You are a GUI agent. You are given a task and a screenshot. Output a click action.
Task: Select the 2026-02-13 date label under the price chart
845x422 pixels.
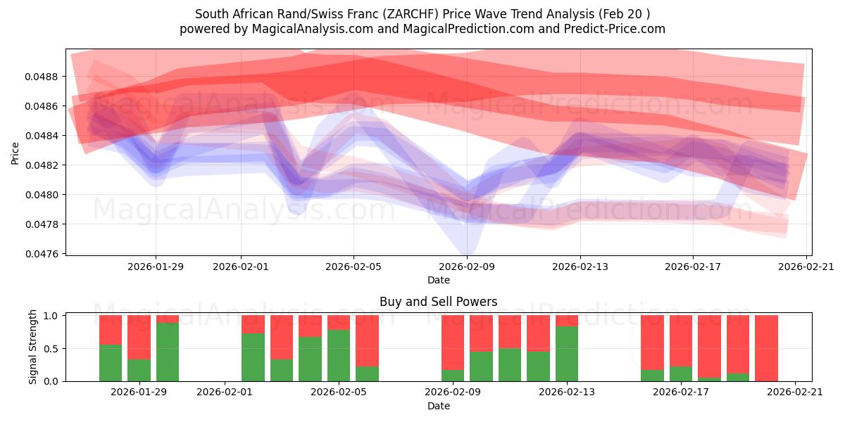(580, 267)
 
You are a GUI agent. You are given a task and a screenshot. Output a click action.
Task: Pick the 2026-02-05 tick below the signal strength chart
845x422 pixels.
(339, 392)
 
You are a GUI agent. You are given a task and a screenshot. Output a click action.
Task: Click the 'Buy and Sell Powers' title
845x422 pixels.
(438, 302)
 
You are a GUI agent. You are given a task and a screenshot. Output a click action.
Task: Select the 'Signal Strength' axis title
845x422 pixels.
(32, 347)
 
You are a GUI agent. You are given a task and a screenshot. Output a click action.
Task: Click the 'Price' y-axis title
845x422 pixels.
(15, 153)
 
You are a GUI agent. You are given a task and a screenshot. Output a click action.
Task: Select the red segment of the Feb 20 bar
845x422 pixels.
(766, 347)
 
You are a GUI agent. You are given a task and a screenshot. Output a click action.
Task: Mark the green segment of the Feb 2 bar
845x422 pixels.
(253, 357)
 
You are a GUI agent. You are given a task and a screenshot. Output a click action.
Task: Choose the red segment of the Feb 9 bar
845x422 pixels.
(453, 342)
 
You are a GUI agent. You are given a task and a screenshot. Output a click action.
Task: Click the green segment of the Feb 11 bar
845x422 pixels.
(510, 364)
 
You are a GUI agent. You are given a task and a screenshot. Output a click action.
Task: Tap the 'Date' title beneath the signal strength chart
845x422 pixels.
(438, 406)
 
